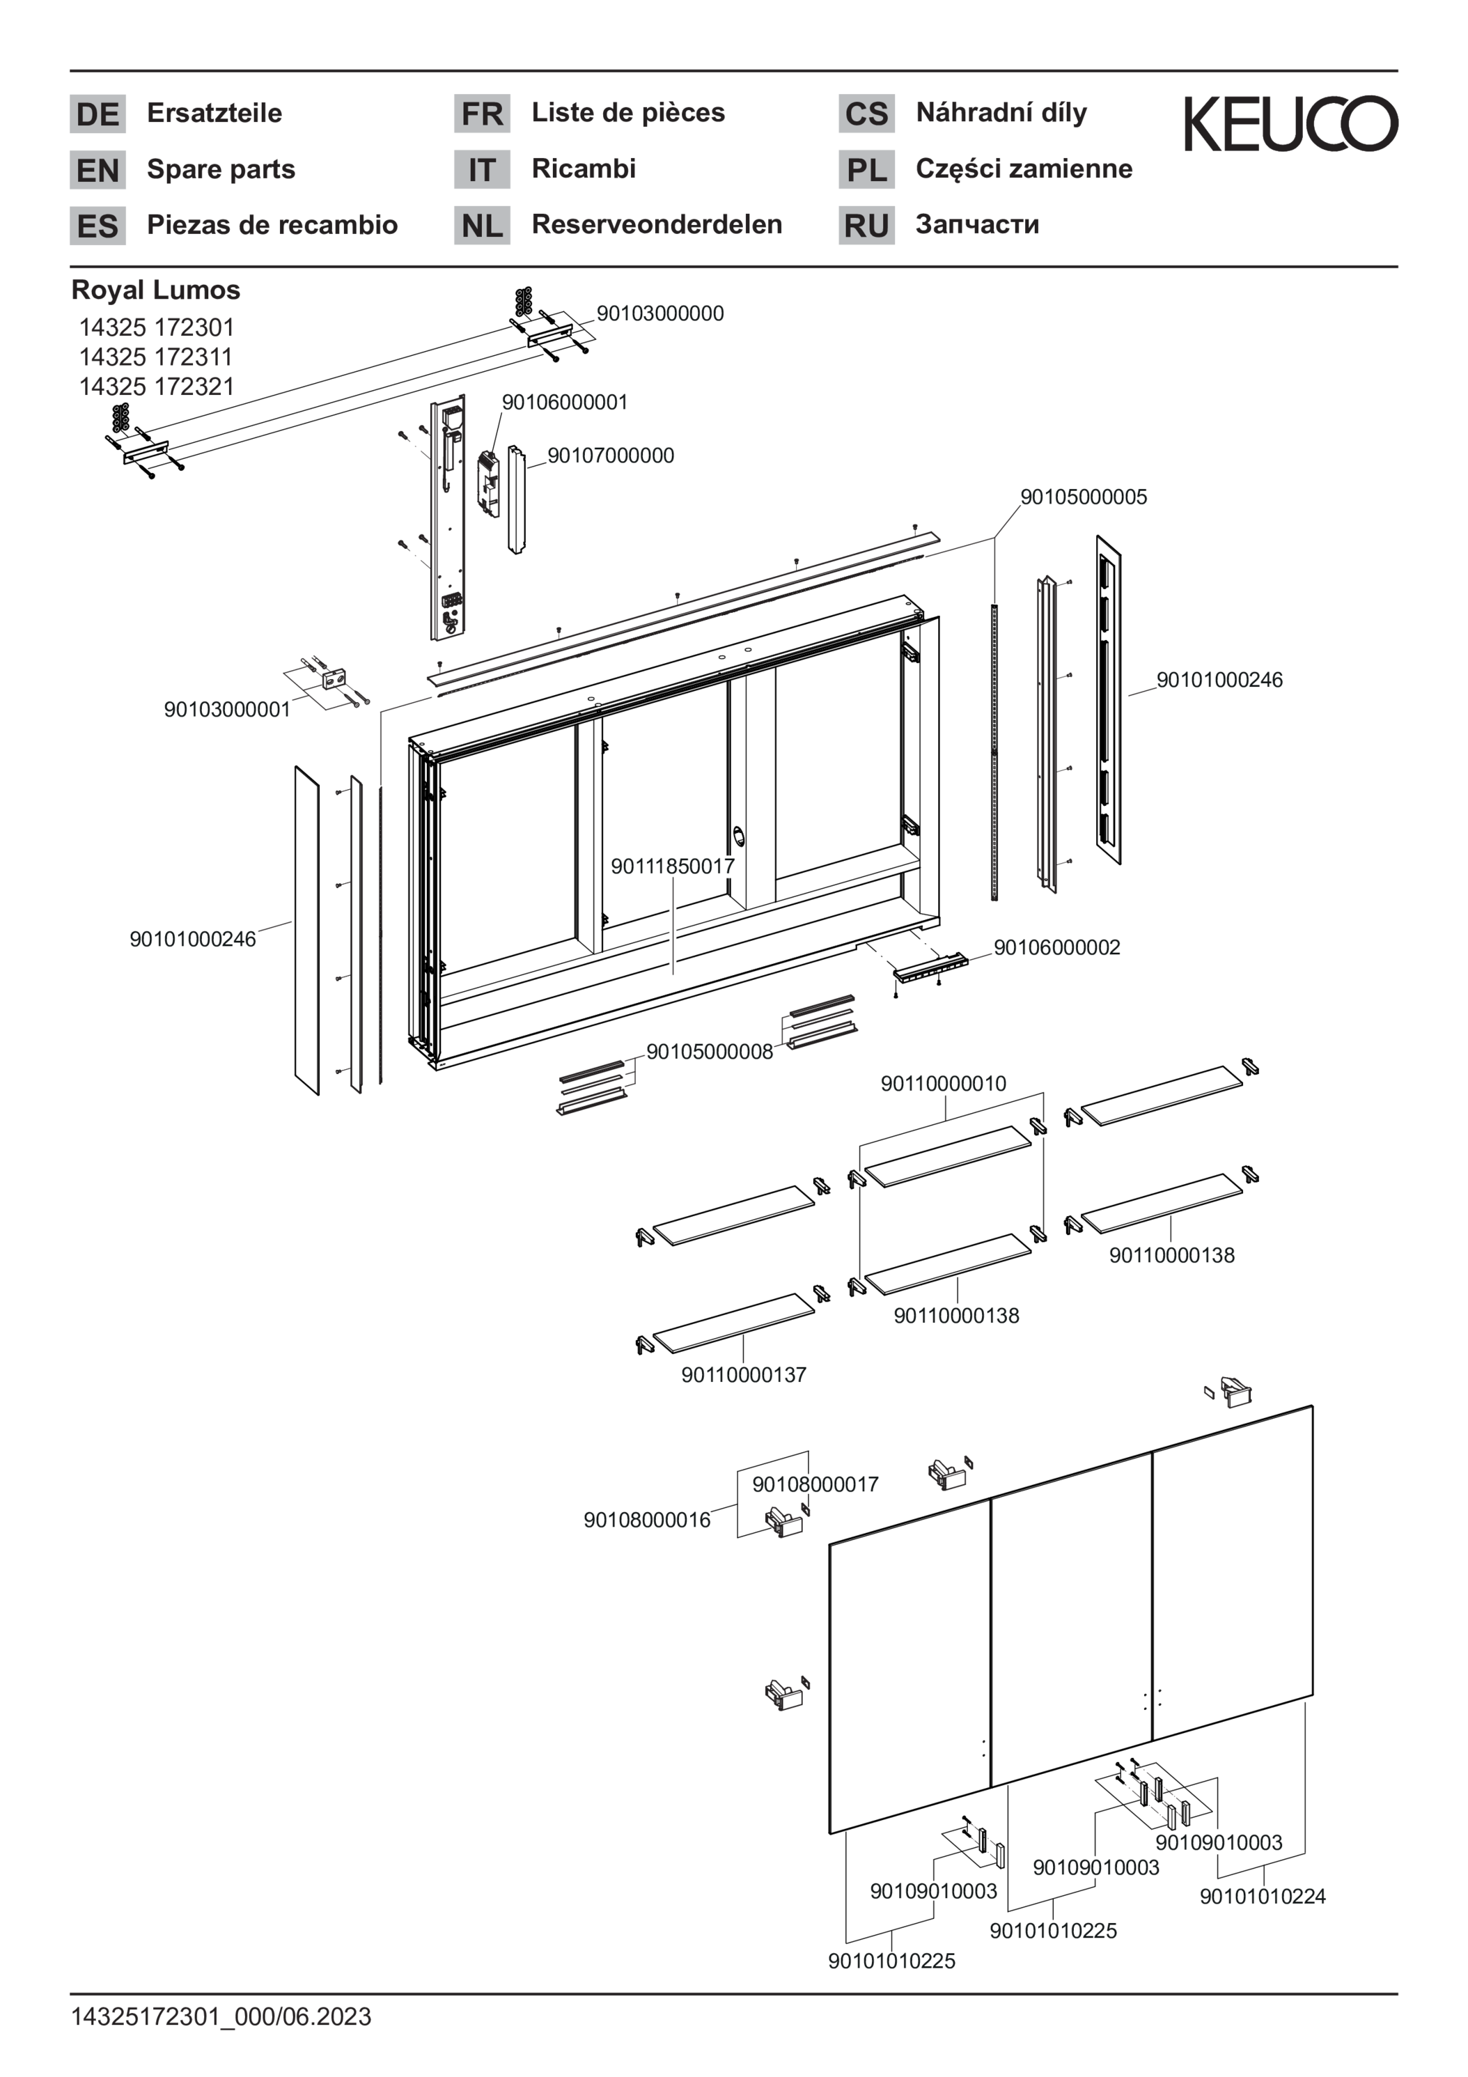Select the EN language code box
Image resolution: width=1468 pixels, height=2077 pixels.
point(97,170)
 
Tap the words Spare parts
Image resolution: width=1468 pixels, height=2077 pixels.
point(221,169)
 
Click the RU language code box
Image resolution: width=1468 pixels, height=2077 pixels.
point(866,225)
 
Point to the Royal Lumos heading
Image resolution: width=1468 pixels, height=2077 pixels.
point(155,290)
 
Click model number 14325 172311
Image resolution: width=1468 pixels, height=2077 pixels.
point(155,357)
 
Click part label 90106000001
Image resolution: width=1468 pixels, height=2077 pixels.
point(564,402)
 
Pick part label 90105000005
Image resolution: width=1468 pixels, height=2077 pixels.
point(1084,497)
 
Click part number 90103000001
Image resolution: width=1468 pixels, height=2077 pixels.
point(227,709)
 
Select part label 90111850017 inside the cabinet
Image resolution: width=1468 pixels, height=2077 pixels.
point(673,866)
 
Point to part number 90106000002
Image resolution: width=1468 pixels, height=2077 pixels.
point(1057,947)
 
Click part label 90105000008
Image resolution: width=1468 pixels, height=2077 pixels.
point(710,1051)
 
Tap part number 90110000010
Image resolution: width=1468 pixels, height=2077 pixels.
point(944,1083)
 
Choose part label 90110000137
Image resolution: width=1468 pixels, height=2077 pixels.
point(744,1374)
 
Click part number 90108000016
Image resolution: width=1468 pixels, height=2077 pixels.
point(647,1520)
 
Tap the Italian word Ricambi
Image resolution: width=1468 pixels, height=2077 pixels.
point(584,169)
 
